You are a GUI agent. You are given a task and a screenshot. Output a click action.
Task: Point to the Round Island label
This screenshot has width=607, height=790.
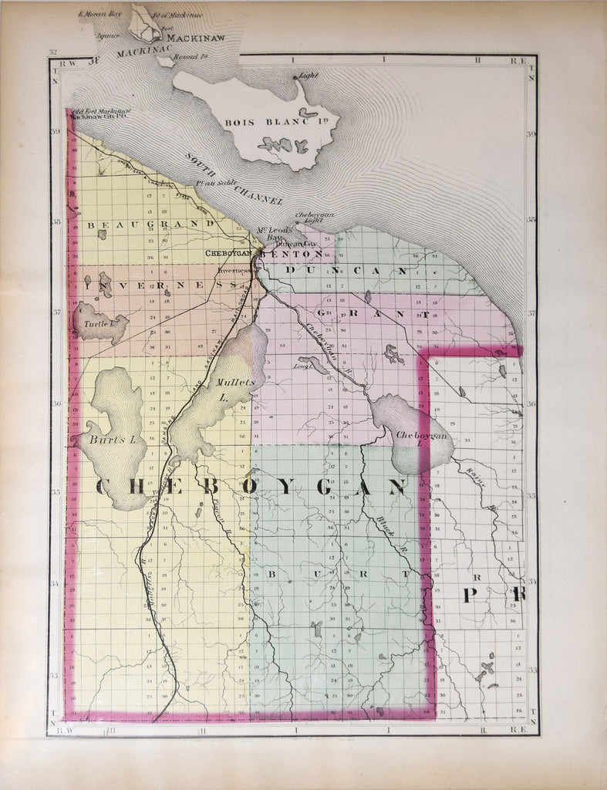(x=187, y=56)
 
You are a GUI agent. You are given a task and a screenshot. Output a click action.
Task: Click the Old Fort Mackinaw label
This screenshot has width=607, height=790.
(x=100, y=110)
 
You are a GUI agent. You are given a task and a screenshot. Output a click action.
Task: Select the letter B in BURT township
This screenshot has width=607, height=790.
(x=272, y=574)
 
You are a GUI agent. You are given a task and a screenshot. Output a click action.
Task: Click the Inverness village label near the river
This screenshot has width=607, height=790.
(x=234, y=272)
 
